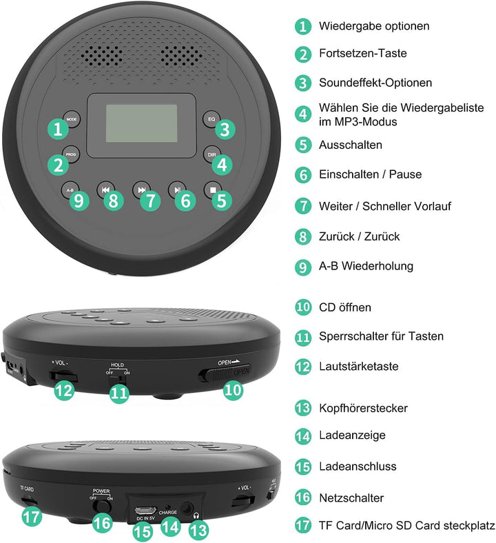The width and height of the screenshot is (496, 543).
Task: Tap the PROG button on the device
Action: pyautogui.click(x=71, y=154)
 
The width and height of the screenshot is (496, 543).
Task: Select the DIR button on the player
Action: pyautogui.click(x=211, y=154)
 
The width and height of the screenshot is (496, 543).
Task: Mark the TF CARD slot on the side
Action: pyautogui.click(x=30, y=498)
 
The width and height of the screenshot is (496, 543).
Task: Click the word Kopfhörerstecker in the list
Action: pyautogui.click(x=363, y=408)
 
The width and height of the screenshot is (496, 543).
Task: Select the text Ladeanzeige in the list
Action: pyautogui.click(x=352, y=436)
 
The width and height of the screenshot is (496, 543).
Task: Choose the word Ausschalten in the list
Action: pyautogui.click(x=351, y=145)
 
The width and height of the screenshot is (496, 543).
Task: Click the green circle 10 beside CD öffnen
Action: pyautogui.click(x=303, y=307)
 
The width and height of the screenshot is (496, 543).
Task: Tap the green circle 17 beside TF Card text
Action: pyautogui.click(x=303, y=525)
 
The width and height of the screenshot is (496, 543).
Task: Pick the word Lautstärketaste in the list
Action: pyautogui.click(x=358, y=367)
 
